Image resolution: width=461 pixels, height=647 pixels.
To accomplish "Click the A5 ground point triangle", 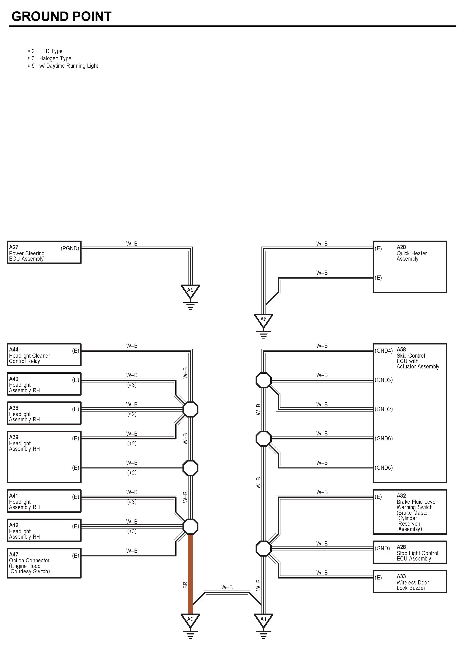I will click(190, 291).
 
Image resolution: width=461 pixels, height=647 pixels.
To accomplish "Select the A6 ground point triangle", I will click(263, 320).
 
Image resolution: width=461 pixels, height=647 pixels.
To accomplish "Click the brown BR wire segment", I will click(190, 573).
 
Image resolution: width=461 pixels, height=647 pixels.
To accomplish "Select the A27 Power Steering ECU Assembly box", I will click(44, 252).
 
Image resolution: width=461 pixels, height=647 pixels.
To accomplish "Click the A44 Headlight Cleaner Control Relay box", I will click(44, 355).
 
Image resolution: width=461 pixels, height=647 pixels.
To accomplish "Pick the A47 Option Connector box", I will click(44, 563).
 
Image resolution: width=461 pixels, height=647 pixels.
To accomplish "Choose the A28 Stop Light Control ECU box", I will click(410, 552).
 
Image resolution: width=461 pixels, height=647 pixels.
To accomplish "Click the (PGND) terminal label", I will click(70, 248).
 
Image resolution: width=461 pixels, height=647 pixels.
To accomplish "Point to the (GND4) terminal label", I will click(383, 351).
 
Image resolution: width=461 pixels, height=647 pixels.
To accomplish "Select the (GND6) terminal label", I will click(383, 438).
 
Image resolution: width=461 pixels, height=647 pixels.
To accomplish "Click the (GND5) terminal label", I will click(383, 468).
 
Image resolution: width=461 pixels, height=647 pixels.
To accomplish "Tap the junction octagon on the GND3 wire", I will click(263, 380).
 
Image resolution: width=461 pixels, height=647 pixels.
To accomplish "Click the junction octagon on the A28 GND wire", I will click(263, 549).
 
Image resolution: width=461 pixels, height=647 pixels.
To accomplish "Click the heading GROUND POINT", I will click(61, 16).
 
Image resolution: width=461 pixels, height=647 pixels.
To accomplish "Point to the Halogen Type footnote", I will click(51, 59).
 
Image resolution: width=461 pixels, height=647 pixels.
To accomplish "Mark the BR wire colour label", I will click(185, 585).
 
